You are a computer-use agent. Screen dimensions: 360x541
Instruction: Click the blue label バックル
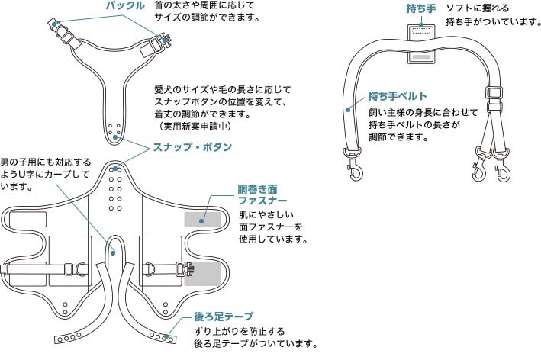coord(124,7)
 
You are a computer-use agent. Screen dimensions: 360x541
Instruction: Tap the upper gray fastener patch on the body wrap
coord(203,218)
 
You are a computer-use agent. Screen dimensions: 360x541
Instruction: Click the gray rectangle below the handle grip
coord(420,56)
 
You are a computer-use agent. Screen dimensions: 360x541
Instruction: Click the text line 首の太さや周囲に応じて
coord(204,5)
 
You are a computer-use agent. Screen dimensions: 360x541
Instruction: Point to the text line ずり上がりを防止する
coord(240,331)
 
